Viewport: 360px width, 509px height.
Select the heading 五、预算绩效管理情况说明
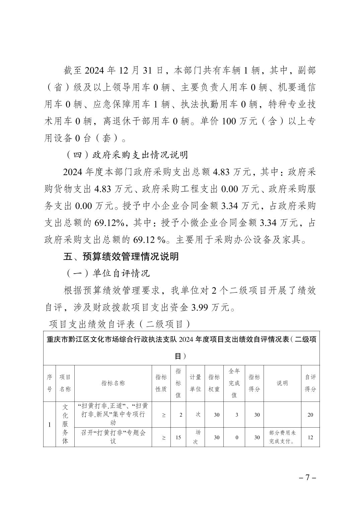121,257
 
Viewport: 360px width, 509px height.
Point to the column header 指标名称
113,383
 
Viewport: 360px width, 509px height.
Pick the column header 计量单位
195,383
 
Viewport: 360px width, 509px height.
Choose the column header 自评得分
310,383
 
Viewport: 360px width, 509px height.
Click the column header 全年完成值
234,383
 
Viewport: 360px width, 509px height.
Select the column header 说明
282,383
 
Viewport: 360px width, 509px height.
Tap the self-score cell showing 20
310,415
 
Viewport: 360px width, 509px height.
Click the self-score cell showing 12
310,437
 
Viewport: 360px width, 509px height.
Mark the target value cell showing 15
178,437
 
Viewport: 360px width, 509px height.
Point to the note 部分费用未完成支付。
282,437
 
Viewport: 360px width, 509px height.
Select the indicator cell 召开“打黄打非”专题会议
113,437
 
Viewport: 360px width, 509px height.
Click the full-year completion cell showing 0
236,437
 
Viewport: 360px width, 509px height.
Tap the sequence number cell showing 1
50,425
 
